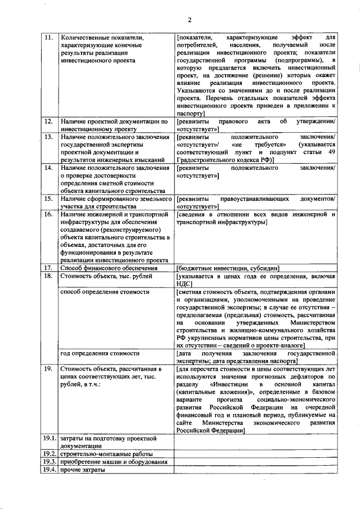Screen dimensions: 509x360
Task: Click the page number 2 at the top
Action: pyautogui.click(x=190, y=21)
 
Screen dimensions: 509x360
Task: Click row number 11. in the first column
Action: pyautogui.click(x=48, y=38)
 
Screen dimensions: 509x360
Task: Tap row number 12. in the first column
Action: pyautogui.click(x=48, y=121)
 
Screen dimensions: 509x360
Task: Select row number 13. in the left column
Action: pyautogui.click(x=48, y=137)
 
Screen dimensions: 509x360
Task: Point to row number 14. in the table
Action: pyautogui.click(x=48, y=168)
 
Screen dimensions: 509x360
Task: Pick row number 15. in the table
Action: pyautogui.click(x=48, y=199)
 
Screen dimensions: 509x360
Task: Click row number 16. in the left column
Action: pyautogui.click(x=48, y=214)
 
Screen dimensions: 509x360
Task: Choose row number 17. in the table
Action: pyautogui.click(x=48, y=268)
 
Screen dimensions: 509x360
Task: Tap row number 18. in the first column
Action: pyautogui.click(x=48, y=277)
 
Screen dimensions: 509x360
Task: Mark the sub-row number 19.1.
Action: pyautogui.click(x=49, y=438)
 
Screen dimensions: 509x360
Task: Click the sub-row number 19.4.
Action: pyautogui.click(x=49, y=470)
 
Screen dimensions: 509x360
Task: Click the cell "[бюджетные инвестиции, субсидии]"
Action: pyautogui.click(x=228, y=268)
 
